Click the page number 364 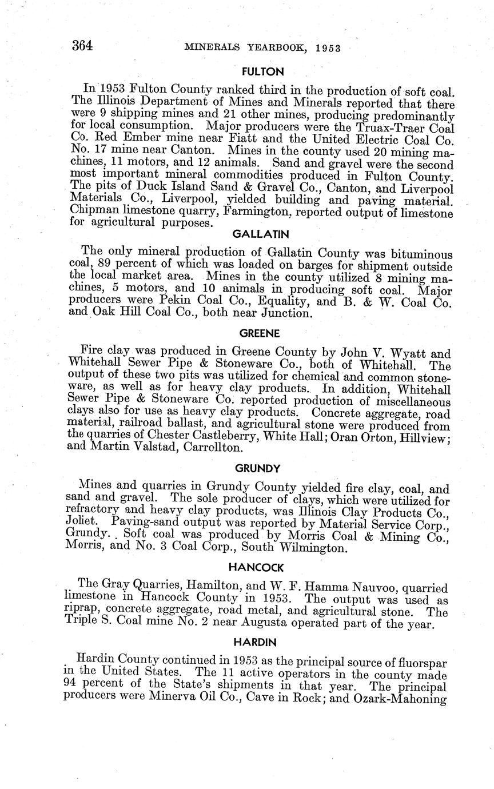coord(82,46)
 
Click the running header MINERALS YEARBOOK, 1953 coord(262,48)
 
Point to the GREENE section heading coord(258,333)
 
